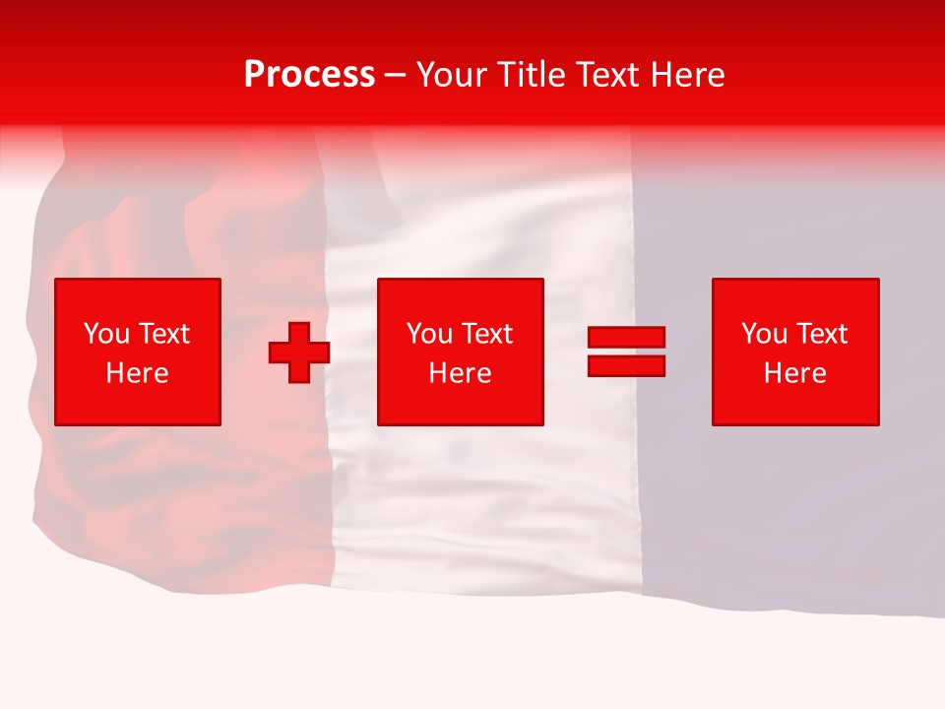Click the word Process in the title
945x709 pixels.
coord(309,75)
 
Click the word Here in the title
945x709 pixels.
coord(689,75)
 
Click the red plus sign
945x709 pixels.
coord(299,353)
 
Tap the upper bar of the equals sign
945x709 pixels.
coord(626,338)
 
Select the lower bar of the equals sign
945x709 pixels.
coord(626,365)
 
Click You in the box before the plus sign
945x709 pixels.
coord(105,334)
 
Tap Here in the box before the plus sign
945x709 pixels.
coord(137,373)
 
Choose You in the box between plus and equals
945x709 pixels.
coord(429,334)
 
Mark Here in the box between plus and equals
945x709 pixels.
coord(461,373)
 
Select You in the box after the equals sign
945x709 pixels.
coord(764,334)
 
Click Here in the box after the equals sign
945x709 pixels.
coord(795,373)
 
